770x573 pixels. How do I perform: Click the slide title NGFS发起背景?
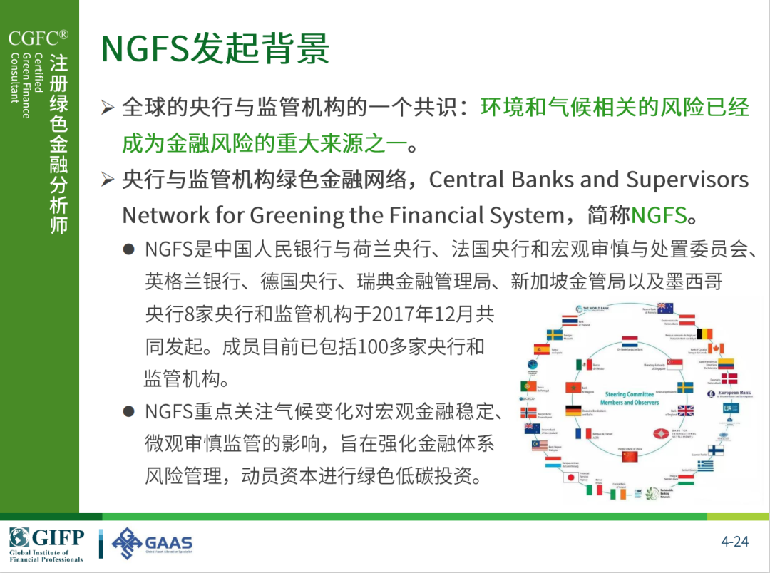coord(215,48)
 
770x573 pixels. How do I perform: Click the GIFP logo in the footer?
coord(47,544)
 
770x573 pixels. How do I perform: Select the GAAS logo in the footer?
coord(153,544)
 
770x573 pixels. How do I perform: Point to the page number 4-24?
coord(734,542)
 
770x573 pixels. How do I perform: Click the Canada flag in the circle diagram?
coord(715,349)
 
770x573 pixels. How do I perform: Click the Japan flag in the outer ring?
coord(569,478)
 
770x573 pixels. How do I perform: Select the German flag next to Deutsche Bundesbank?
coord(573,411)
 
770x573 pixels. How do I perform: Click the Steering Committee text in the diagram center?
coord(629,394)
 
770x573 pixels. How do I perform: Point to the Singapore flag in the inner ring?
coord(674,363)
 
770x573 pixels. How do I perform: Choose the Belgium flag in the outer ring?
coord(704,333)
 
